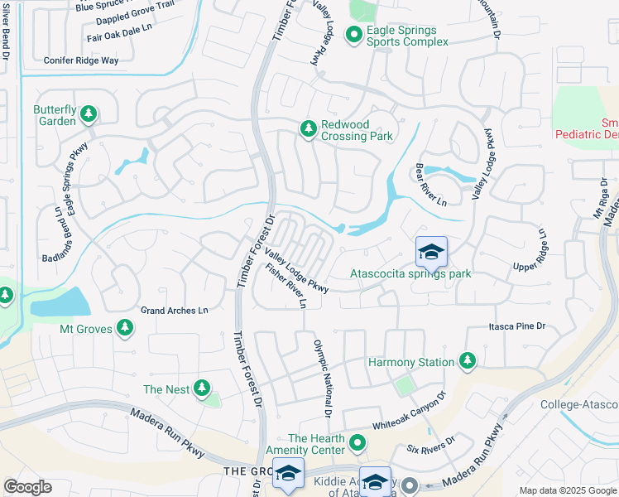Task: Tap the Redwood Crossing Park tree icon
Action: [309, 128]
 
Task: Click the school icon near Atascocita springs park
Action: [430, 252]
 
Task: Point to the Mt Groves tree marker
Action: [125, 328]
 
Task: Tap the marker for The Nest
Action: [200, 388]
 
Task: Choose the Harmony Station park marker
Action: [468, 361]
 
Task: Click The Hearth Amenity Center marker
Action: [357, 443]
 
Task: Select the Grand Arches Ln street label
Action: [174, 311]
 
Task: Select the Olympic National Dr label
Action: [322, 377]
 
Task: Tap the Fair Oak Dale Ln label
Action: [120, 33]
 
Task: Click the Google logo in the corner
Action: [27, 487]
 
